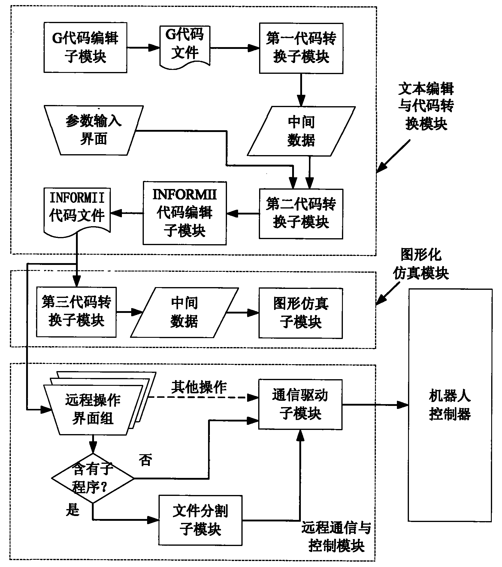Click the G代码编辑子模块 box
click(85, 47)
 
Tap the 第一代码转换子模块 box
click(301, 48)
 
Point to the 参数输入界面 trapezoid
click(94, 130)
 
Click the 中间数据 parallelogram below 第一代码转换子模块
click(301, 131)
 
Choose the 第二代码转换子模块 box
click(301, 214)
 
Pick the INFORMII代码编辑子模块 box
click(185, 213)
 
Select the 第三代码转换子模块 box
click(76, 312)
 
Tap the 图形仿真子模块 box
click(301, 313)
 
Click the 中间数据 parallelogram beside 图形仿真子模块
click(184, 312)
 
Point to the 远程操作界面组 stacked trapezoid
click(93, 409)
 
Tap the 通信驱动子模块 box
click(300, 404)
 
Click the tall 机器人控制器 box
click(450, 405)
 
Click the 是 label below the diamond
click(72, 510)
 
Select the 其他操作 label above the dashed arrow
click(199, 387)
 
